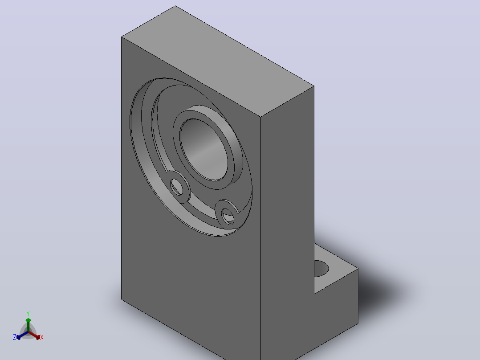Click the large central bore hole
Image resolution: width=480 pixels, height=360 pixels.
pos(204,150)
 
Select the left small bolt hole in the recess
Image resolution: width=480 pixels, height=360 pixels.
pos(177,187)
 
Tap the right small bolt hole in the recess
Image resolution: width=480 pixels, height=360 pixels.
pos(228,216)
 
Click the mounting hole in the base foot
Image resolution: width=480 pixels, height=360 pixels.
pos(321,269)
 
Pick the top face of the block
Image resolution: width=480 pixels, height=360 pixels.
pos(218,61)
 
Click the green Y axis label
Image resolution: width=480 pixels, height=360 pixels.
pos(28,313)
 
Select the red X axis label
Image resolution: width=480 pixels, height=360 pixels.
pos(42,337)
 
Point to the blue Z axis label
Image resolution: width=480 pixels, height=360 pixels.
pos(14,337)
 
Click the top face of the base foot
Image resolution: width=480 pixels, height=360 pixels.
pos(336,269)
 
